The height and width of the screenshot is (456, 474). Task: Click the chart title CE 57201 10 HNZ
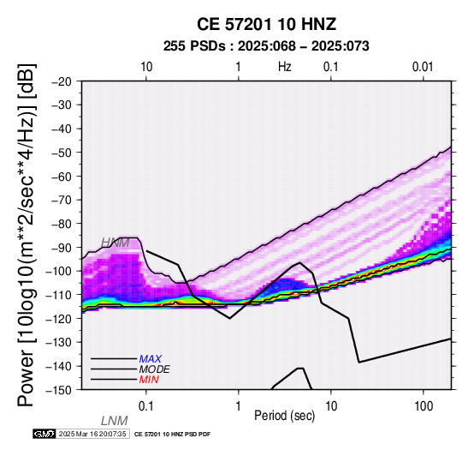click(x=266, y=24)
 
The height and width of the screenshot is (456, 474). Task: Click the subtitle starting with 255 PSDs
click(x=266, y=46)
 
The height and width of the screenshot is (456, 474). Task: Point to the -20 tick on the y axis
click(x=62, y=81)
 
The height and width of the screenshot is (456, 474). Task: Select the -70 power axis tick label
click(x=62, y=200)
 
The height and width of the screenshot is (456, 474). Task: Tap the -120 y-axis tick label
click(x=59, y=319)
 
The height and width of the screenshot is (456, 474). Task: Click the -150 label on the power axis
click(x=59, y=390)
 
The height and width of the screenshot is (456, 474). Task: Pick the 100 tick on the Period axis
click(x=424, y=406)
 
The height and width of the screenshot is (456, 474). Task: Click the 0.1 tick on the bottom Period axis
click(x=145, y=406)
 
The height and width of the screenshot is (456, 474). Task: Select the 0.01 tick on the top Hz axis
click(x=423, y=67)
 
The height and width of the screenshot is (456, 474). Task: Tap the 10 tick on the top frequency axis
click(x=146, y=67)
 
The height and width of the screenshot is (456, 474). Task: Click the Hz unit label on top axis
click(x=285, y=67)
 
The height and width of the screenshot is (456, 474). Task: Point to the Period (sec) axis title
click(x=284, y=416)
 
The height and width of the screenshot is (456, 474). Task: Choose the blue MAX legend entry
click(x=151, y=359)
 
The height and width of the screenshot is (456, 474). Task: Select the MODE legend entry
click(x=155, y=369)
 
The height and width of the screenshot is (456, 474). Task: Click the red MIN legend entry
click(x=149, y=380)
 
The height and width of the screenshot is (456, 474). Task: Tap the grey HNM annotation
click(x=116, y=243)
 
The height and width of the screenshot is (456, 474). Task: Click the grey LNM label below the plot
click(x=115, y=421)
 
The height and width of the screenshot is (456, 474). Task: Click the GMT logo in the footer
click(x=44, y=435)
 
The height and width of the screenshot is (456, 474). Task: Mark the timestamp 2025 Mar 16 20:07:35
click(x=92, y=435)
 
